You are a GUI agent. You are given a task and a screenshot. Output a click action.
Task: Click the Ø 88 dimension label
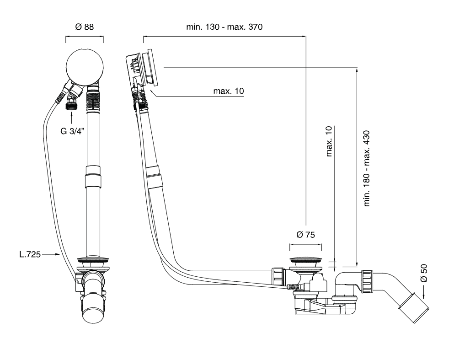85,27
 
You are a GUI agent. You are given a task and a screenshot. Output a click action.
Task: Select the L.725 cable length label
30,254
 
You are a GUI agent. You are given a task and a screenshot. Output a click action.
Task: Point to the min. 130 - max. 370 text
224,27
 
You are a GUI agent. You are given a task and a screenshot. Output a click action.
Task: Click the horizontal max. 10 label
229,91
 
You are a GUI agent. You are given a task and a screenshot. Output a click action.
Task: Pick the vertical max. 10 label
328,141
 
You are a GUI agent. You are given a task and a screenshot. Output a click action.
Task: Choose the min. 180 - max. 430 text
366,168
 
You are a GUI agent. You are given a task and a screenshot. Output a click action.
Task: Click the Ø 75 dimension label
306,235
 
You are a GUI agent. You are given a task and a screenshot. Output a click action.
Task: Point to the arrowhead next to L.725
58,254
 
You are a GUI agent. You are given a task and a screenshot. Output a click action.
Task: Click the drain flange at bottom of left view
93,259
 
